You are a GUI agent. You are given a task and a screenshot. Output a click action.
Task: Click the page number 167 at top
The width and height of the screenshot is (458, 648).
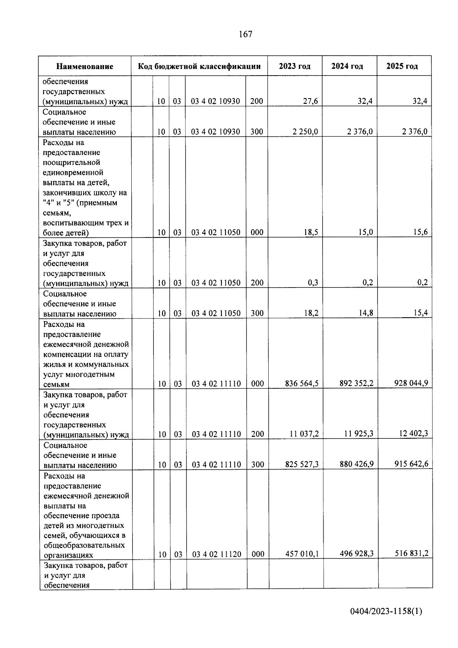[x=245, y=34]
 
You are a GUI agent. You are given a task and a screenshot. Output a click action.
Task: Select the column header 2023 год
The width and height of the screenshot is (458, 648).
[x=294, y=66]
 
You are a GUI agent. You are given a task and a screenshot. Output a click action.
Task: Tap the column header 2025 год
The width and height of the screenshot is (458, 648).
[x=402, y=66]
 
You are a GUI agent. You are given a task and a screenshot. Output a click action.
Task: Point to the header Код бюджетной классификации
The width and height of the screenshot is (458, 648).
[x=199, y=66]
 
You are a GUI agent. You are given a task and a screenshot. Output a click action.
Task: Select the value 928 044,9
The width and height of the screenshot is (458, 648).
[x=411, y=383]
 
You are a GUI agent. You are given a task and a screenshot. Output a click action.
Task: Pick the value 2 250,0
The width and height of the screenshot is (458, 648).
[x=305, y=132]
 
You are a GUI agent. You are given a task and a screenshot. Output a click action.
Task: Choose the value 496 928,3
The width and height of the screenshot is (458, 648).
[x=356, y=554]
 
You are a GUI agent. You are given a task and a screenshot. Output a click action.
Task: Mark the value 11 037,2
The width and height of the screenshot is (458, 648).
[x=304, y=434]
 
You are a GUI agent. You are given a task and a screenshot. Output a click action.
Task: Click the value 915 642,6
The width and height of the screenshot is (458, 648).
[x=411, y=464]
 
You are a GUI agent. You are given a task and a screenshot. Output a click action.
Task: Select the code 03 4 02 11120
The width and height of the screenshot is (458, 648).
[x=216, y=554]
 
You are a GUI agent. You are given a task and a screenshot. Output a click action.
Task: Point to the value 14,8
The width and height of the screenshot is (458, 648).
[x=366, y=313]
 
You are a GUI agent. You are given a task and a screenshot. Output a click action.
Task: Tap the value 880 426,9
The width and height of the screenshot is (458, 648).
[x=356, y=464]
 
